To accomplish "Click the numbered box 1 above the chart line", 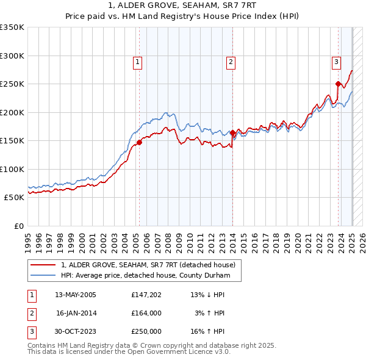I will (x=138, y=62).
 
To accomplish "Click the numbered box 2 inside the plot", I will (x=231, y=62).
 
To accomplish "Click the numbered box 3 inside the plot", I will (x=336, y=62).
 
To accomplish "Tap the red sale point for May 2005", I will (x=139, y=142).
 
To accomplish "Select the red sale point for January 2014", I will (x=232, y=132).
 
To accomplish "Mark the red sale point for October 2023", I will (x=338, y=84).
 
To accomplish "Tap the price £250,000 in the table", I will (x=146, y=331).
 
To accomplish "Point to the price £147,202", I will (x=146, y=295).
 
